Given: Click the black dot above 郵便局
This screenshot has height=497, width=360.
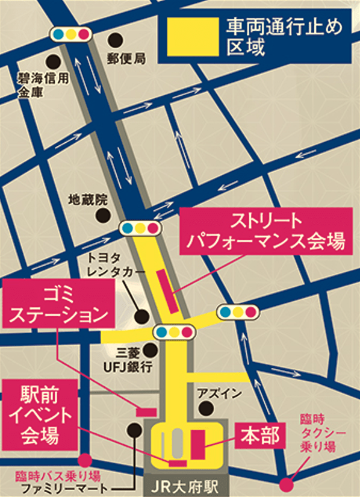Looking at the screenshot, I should (115, 40).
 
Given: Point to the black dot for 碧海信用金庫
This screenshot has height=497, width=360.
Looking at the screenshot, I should (55, 61).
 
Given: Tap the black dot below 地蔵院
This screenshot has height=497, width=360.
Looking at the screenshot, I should (105, 214).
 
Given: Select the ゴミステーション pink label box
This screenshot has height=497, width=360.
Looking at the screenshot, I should (58, 304).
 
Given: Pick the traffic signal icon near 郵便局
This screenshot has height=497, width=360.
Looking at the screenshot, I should (72, 33).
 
